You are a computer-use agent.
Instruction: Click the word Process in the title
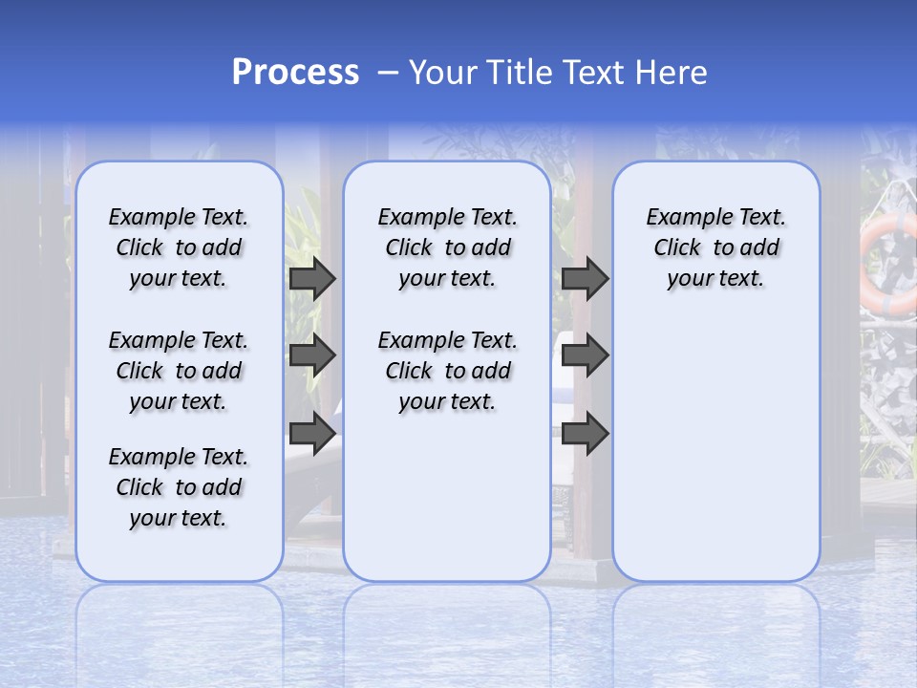pyautogui.click(x=295, y=73)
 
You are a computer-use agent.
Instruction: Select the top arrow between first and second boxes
pyautogui.click(x=312, y=279)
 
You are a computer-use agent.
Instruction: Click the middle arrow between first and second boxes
pyautogui.click(x=312, y=356)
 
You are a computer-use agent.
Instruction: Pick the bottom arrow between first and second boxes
pyautogui.click(x=312, y=434)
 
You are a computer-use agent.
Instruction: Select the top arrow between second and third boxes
pyautogui.click(x=585, y=279)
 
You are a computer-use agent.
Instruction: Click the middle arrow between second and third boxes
pyautogui.click(x=585, y=356)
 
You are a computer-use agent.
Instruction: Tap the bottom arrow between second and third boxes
pyautogui.click(x=585, y=434)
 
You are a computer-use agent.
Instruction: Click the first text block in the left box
pyautogui.click(x=179, y=248)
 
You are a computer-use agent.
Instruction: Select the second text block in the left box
pyautogui.click(x=179, y=371)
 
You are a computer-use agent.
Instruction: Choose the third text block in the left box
pyautogui.click(x=179, y=487)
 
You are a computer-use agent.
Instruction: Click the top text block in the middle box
pyautogui.click(x=447, y=248)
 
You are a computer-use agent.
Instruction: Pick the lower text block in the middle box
pyautogui.click(x=447, y=371)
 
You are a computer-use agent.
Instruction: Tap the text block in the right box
pyautogui.click(x=715, y=248)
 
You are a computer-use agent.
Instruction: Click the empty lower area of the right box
pyautogui.click(x=715, y=449)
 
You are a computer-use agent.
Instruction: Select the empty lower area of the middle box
pyautogui.click(x=447, y=497)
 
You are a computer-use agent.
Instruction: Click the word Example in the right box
pyautogui.click(x=682, y=218)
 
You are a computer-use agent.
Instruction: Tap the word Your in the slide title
pyautogui.click(x=438, y=73)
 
